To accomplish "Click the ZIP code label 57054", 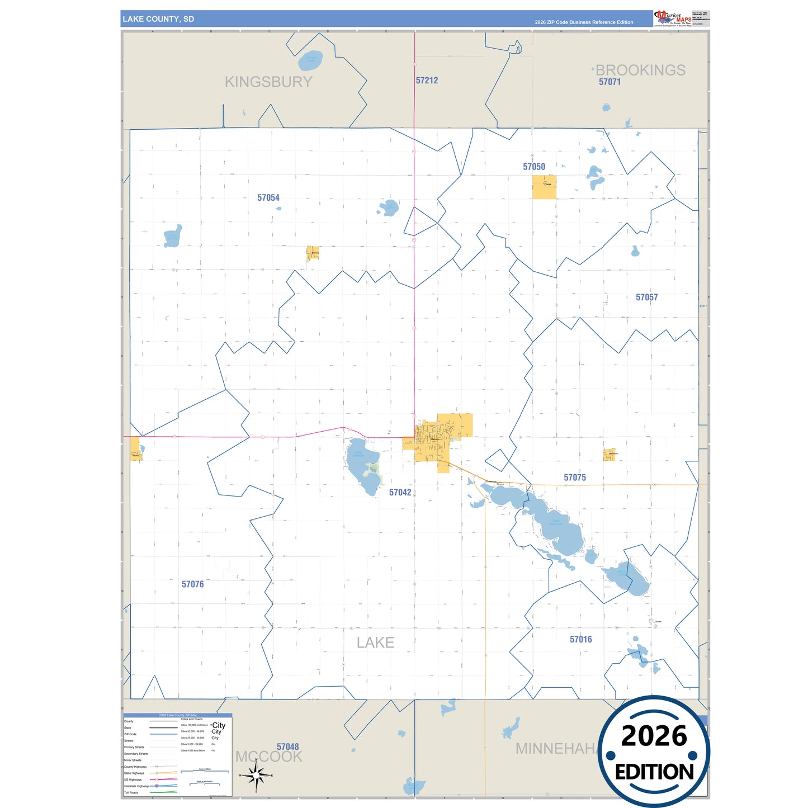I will click(x=268, y=197).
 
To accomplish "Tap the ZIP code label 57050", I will click(x=534, y=167).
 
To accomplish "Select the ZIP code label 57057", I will click(x=646, y=297).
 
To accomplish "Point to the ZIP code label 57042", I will click(x=400, y=493).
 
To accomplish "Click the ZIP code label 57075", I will click(x=575, y=478).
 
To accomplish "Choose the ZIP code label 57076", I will click(x=193, y=584).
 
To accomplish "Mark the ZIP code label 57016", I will click(x=581, y=640).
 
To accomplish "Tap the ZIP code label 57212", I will click(x=427, y=81).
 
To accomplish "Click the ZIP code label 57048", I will click(x=288, y=747).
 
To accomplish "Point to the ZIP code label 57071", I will click(x=610, y=82).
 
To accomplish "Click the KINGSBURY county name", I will click(x=268, y=82).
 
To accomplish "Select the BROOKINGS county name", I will click(x=640, y=70).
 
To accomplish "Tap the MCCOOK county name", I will click(x=269, y=757).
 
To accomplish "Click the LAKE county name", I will click(x=376, y=643).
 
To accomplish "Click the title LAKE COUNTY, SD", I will click(x=158, y=19).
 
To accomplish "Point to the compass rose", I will click(x=256, y=776).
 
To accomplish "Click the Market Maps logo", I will click(x=673, y=18).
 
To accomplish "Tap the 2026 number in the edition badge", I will click(x=654, y=736).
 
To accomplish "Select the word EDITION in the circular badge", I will click(x=654, y=772).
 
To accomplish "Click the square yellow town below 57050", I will click(x=544, y=187).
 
